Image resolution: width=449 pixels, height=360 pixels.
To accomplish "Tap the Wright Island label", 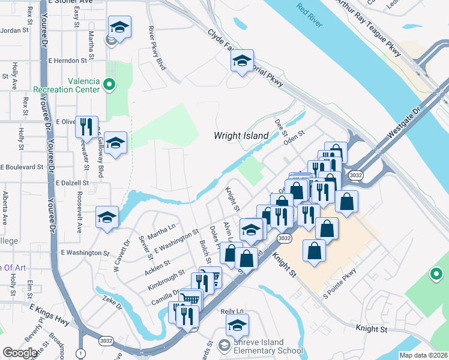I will tap(241, 136).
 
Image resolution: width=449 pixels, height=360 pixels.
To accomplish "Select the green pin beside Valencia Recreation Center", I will tap(109, 85).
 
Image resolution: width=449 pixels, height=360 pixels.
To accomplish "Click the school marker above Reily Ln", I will tap(238, 325).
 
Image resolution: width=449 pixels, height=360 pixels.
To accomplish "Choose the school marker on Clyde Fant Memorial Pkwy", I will tap(243, 61).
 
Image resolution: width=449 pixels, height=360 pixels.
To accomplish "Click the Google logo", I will tap(20, 353).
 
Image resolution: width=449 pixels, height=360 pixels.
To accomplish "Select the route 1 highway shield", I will tap(80, 354).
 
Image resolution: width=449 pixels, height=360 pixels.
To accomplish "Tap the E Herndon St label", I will tap(67, 61).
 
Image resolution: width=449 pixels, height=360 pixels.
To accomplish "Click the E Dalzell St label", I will tap(71, 182).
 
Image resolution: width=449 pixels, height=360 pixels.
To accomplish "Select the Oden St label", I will tap(294, 137).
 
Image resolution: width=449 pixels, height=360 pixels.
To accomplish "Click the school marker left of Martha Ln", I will tap(107, 217).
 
